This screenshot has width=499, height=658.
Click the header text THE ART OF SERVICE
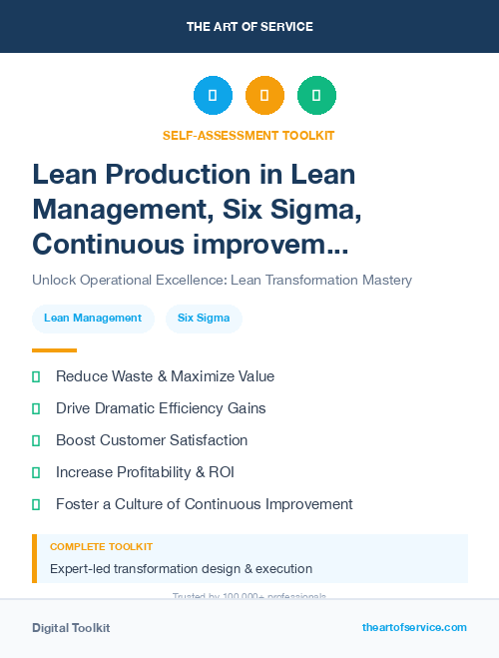tap(249, 27)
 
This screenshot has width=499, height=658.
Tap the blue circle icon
tap(213, 96)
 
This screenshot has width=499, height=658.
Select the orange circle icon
tap(264, 96)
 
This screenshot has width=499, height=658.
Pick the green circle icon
tap(316, 96)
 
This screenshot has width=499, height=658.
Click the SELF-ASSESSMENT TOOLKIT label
tap(249, 135)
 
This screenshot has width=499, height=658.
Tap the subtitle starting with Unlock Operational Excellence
tap(222, 280)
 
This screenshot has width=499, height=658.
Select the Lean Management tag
tap(93, 319)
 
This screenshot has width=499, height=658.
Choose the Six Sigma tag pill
tap(204, 319)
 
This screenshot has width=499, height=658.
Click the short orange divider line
tap(54, 350)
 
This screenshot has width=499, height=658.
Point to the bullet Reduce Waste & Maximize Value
tap(165, 376)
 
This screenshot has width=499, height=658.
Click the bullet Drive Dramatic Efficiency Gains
tap(161, 408)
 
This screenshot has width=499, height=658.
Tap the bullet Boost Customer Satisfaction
tap(152, 440)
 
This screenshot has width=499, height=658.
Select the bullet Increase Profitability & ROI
tap(145, 472)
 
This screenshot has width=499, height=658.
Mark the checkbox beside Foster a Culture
tap(36, 504)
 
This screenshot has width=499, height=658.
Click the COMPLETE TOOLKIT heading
tap(101, 547)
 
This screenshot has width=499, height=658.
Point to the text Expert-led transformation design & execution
tap(181, 569)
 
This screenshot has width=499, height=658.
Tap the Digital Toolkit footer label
tap(71, 628)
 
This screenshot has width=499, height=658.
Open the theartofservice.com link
tap(414, 627)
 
